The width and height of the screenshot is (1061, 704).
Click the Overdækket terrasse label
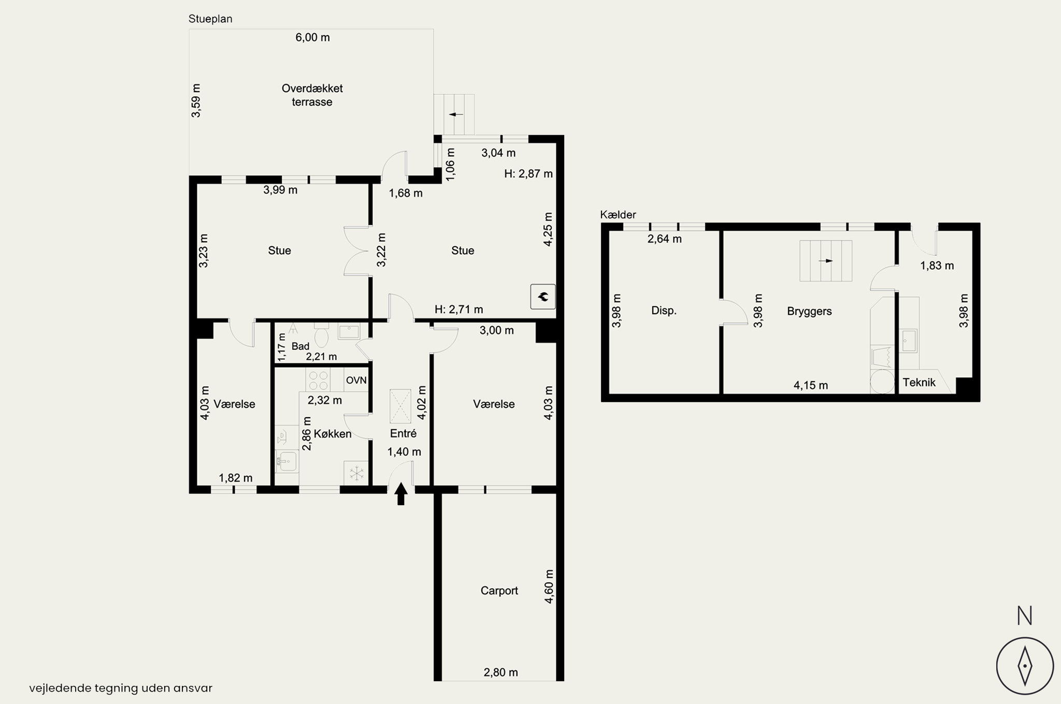coord(312,95)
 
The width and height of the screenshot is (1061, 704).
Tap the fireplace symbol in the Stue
coord(543,297)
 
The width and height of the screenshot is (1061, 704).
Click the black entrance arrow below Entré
coord(401,494)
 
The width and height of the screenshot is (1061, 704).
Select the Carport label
coord(499,591)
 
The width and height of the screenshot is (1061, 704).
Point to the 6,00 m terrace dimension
coord(312,37)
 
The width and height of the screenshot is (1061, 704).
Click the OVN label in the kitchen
coord(356,380)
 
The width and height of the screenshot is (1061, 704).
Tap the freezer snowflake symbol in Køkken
coord(356,473)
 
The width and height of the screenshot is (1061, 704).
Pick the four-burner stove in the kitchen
coord(317,380)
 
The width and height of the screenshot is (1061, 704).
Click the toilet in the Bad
coord(321,336)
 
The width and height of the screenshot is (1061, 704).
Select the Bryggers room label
coord(809,311)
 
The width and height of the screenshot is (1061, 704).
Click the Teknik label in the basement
coord(919,383)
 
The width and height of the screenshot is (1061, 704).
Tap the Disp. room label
coord(664,311)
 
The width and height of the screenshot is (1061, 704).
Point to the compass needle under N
coord(1025,666)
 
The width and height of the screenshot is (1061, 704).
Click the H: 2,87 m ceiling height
coord(528,174)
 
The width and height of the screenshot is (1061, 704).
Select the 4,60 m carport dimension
coord(549,586)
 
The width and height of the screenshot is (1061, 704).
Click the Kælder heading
coord(618,215)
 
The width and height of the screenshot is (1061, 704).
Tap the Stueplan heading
coord(210,19)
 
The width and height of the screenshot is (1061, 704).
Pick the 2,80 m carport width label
coord(500,672)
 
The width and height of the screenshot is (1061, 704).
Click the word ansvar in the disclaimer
coord(195,688)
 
